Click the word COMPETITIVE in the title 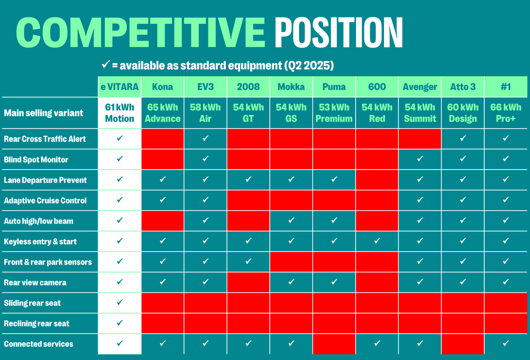pos(140,32)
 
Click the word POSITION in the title pos(339,32)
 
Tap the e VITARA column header pos(119,87)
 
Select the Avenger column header pos(420,87)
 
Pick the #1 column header pos(506,87)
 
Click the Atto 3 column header pos(463,87)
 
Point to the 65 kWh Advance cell pos(163,113)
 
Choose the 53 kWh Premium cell pos(334,113)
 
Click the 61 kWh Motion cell pos(119,113)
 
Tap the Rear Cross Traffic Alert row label pos(45,139)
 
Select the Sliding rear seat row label pos(32,303)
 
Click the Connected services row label pos(38,344)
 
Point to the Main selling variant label pos(44,113)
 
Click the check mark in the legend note pos(106,65)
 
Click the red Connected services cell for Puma pos(334,344)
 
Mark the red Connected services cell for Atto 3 pos(463,344)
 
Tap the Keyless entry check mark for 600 pos(377,241)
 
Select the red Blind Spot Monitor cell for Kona pos(163,159)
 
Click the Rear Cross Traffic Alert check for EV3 pos(205,138)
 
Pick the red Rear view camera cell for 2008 pos(248,282)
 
